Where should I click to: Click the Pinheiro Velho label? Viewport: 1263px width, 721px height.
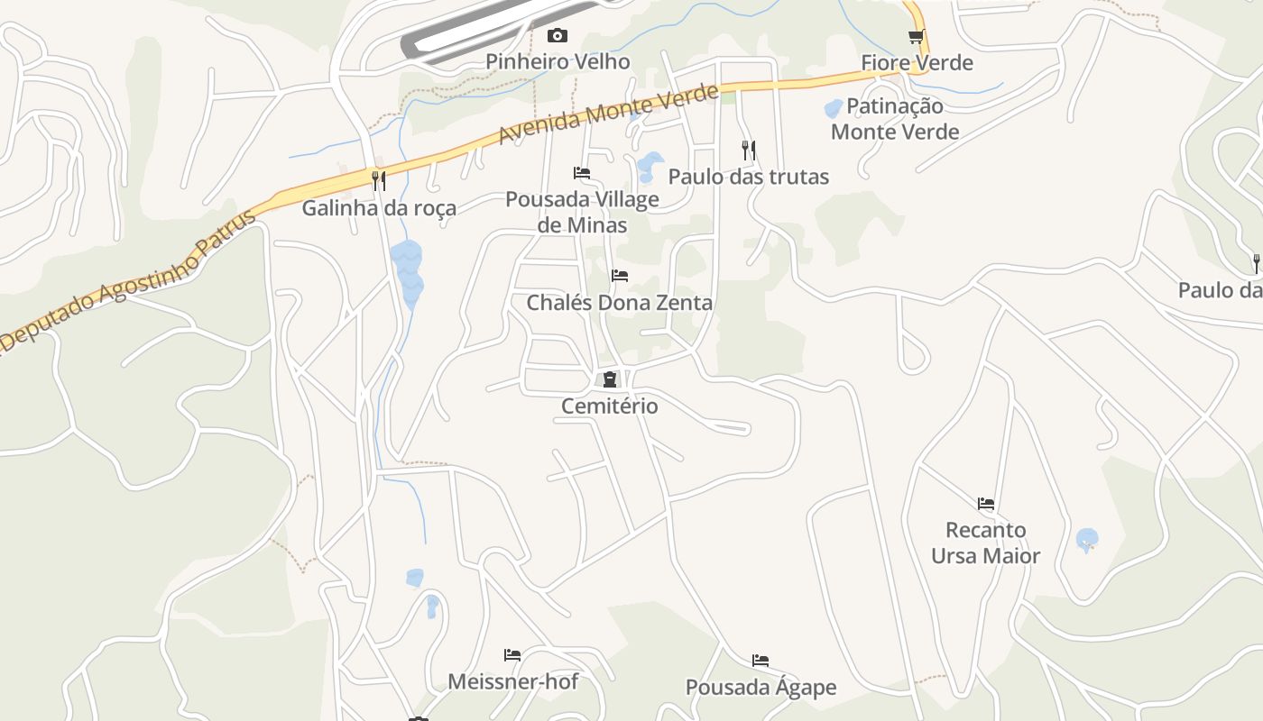tap(558, 61)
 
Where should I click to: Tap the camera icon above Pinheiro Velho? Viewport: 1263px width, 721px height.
tap(558, 35)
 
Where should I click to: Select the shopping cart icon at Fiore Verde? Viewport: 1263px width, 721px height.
tap(917, 36)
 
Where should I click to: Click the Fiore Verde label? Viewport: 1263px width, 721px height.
tap(917, 62)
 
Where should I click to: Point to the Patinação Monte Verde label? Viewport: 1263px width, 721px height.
tap(895, 119)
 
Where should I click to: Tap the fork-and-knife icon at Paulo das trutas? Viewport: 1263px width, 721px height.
tap(748, 150)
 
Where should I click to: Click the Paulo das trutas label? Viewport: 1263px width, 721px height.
tap(748, 176)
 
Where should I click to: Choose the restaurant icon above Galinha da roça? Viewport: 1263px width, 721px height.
tap(379, 181)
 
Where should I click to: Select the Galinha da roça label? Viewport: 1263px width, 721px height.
tap(379, 207)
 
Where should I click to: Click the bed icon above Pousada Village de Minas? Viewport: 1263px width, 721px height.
tap(582, 172)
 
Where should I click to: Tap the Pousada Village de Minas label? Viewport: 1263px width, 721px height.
tap(582, 212)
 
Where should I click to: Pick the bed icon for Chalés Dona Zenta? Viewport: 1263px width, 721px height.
tap(619, 275)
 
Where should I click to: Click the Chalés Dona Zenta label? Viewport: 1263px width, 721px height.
tap(619, 302)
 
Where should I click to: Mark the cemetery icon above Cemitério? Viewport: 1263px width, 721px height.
tap(610, 379)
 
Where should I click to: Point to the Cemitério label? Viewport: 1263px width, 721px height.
tap(610, 406)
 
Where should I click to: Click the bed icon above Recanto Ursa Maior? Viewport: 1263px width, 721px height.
tap(986, 503)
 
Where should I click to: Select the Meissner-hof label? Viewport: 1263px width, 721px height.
tap(512, 680)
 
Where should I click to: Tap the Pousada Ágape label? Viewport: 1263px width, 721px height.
tap(761, 687)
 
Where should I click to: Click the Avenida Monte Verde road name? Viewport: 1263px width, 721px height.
tap(609, 114)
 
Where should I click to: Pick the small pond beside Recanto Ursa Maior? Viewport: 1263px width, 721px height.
tap(1087, 540)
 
